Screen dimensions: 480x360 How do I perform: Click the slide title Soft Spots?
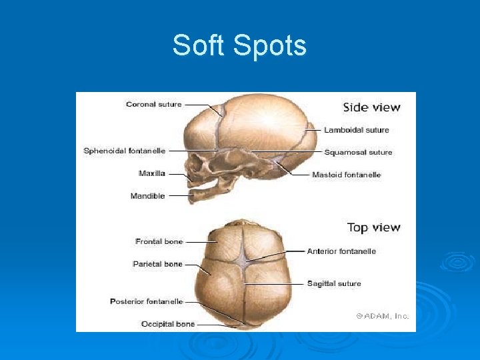pyautogui.click(x=239, y=46)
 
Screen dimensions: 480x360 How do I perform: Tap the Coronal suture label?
pyautogui.click(x=153, y=105)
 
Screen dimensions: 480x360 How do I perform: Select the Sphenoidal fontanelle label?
pyautogui.click(x=124, y=151)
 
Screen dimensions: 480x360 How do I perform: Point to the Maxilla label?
pyautogui.click(x=151, y=173)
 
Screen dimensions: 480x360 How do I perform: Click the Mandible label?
pyautogui.click(x=147, y=196)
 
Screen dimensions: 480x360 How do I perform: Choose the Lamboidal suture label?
pyautogui.click(x=356, y=130)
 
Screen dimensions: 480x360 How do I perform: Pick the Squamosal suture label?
pyautogui.click(x=358, y=152)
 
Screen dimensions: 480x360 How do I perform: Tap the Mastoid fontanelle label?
pyautogui.click(x=346, y=175)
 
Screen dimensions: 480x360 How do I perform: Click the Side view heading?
pyautogui.click(x=371, y=107)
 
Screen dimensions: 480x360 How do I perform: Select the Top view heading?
pyautogui.click(x=373, y=228)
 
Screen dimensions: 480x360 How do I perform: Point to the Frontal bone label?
pyautogui.click(x=159, y=241)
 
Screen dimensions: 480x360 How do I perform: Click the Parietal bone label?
pyautogui.click(x=157, y=264)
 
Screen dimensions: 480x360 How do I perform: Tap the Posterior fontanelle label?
pyautogui.click(x=146, y=301)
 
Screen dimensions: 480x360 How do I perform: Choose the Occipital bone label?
pyautogui.click(x=168, y=324)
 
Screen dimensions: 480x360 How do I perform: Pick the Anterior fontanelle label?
pyautogui.click(x=341, y=251)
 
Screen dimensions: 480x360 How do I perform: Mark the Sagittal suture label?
pyautogui.click(x=334, y=283)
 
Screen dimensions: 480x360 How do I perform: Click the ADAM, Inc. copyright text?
pyautogui.click(x=382, y=316)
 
